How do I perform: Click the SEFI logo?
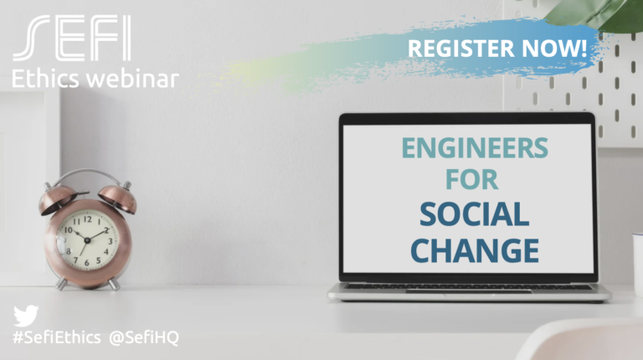[x=72, y=38]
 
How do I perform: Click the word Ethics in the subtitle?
[x=45, y=78]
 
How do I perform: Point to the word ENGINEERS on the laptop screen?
[x=475, y=148]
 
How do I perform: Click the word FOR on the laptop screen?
[x=472, y=179]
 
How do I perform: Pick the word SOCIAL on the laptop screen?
[x=474, y=214]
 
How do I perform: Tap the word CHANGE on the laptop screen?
[x=475, y=250]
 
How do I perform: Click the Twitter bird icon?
[x=26, y=316]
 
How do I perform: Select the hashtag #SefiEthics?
[x=57, y=338]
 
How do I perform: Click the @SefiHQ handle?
[x=144, y=338]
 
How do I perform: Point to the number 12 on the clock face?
[x=87, y=219]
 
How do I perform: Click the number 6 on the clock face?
[x=86, y=263]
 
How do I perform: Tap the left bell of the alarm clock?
[x=58, y=199]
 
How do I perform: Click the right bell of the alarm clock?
[x=118, y=198]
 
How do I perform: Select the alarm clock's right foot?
[x=114, y=284]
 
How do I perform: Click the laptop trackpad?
[x=469, y=291]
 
